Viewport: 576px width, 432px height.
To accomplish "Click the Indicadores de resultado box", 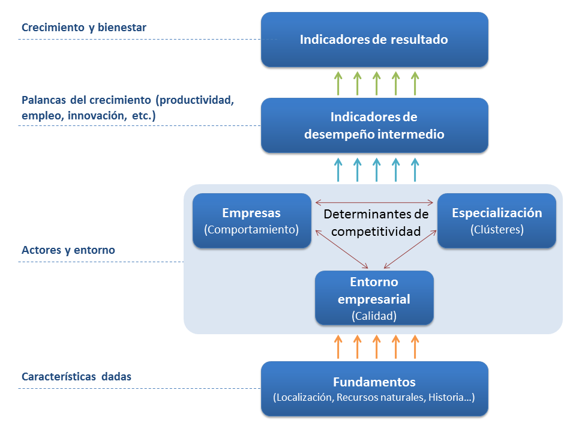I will coord(374,40).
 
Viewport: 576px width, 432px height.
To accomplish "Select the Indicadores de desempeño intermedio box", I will coord(374,125).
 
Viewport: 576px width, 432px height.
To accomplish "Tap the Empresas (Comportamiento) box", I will coord(251,220).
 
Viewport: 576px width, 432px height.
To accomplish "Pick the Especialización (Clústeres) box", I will coord(497,220).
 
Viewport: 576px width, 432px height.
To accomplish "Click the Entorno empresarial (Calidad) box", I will coord(374,298).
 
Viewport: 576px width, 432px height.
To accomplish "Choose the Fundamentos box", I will coord(374,388).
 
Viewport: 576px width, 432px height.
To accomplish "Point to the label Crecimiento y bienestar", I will coord(84,28).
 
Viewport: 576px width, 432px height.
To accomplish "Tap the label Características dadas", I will coord(76,377).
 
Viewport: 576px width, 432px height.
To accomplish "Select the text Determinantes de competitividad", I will coord(376,222).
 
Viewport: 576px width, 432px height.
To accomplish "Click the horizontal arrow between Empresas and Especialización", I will coord(374,202).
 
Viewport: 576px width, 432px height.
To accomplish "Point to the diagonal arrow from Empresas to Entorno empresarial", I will coord(340,248).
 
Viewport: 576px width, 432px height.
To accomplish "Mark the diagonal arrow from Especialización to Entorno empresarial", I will coord(410,248).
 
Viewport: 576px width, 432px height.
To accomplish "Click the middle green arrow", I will coord(376,83).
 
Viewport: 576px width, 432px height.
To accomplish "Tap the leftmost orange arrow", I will coord(338,346).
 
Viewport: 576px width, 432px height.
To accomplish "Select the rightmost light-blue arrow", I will coord(415,169).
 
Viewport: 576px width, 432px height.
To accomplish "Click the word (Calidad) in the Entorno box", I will coord(374,314).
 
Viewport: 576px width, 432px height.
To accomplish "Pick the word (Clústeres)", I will coord(497,229).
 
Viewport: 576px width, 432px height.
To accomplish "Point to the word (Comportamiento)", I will coord(251,229).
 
